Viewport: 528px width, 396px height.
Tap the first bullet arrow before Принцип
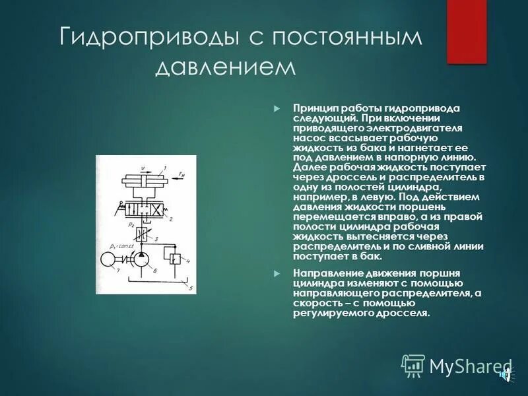(277, 108)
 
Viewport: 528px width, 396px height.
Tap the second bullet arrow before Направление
(277, 273)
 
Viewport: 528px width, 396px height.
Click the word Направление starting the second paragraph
(323, 273)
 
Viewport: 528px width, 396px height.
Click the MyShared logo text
(470, 366)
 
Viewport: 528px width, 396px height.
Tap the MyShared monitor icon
(414, 365)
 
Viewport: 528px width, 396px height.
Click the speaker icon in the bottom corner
(506, 376)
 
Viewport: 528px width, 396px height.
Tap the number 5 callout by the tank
(190, 288)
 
